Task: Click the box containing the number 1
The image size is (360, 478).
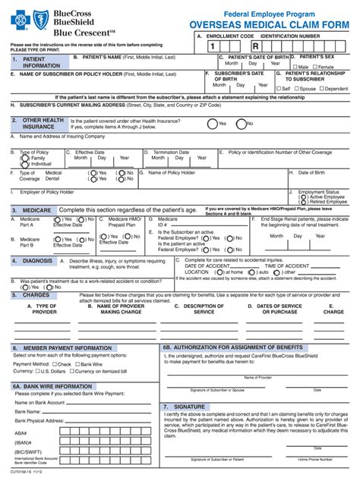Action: coord(202,46)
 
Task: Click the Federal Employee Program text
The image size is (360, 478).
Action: coord(267,9)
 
